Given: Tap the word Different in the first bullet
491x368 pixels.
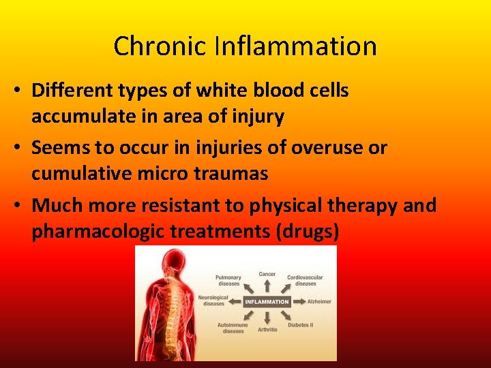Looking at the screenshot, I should (74, 91).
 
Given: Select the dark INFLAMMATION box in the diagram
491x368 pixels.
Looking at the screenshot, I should (267, 301).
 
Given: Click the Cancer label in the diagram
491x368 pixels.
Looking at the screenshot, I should (267, 274).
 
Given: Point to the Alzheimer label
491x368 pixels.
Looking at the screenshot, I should (319, 301).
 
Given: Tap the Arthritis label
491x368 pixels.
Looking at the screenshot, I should (267, 330).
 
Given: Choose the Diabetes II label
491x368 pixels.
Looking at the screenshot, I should (301, 325).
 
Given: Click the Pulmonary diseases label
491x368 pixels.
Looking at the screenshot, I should (228, 280).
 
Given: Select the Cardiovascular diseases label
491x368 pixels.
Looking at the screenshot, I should (305, 280).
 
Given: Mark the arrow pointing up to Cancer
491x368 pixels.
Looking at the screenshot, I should (267, 286).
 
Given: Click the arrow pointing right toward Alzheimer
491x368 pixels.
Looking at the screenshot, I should (298, 301).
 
